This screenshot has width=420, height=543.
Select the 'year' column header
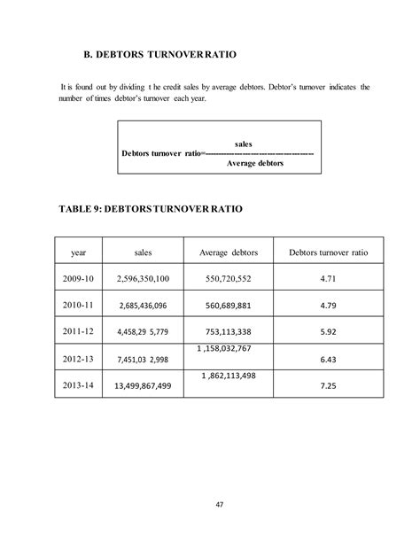click(x=78, y=252)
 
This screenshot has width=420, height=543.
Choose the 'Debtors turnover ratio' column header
click(x=328, y=252)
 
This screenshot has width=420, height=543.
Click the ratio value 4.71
click(x=329, y=279)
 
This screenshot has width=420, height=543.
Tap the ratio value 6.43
click(x=329, y=360)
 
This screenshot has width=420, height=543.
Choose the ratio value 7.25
click(x=329, y=386)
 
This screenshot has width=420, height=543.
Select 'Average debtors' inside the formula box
click(x=256, y=163)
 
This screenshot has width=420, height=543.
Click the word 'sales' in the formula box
click(x=245, y=143)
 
